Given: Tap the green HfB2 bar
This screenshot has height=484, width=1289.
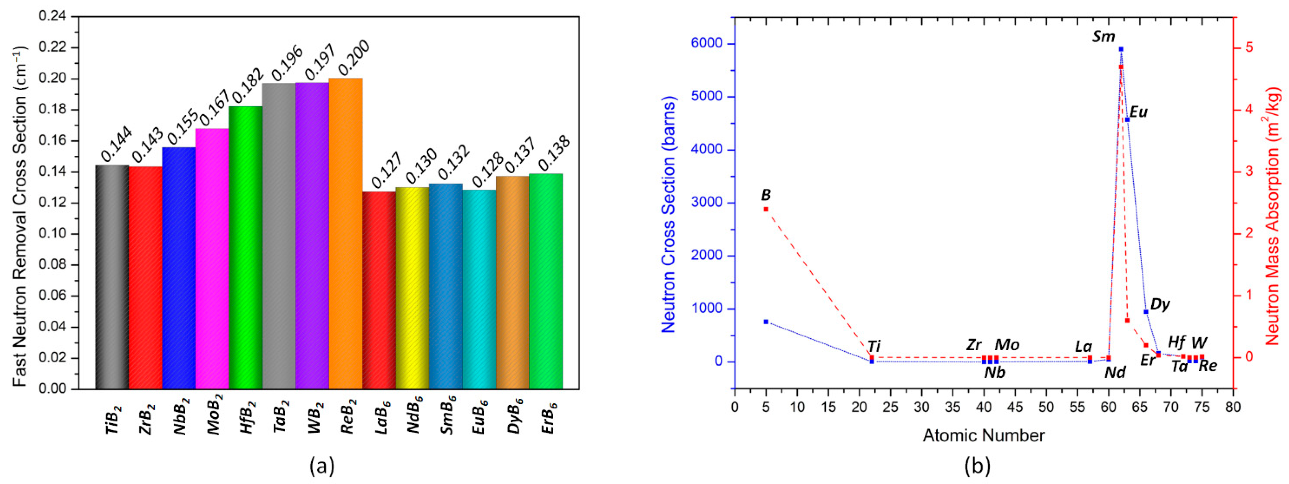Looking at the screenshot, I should click(x=245, y=247).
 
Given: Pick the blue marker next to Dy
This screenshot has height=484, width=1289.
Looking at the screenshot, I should click(x=1146, y=312).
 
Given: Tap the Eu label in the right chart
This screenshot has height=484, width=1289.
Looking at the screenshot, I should click(x=1138, y=112).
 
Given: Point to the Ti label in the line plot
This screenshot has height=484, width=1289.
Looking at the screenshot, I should click(x=874, y=346).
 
